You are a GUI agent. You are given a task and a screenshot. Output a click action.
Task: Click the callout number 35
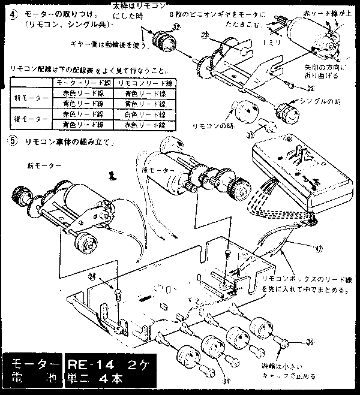[x=250, y=135]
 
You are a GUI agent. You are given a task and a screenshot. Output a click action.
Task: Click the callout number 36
[x=310, y=342]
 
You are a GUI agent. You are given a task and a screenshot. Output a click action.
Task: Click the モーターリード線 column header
[x=82, y=81]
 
